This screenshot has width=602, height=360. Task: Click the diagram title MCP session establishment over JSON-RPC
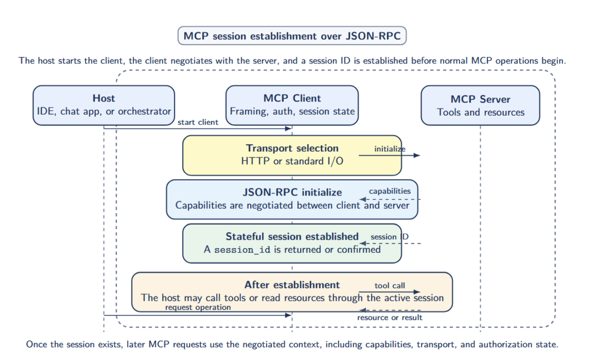[x=292, y=36]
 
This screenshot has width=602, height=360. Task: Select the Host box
[x=103, y=105]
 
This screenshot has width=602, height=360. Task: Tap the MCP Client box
[x=292, y=105]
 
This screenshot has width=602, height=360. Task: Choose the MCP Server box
[x=480, y=105]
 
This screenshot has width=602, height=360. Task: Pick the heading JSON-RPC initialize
[x=292, y=192]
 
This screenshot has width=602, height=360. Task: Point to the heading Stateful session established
[x=292, y=236]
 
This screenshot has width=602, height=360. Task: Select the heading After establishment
[x=292, y=285]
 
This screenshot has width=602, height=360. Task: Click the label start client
[x=198, y=122]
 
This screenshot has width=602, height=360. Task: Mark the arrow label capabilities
[x=390, y=191]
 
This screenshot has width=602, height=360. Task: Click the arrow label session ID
[x=390, y=237]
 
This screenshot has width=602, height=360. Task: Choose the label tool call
[x=390, y=286]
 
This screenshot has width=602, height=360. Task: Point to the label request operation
[x=198, y=307]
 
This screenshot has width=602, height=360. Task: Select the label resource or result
[x=390, y=318]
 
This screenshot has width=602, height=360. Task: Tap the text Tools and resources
[x=480, y=112]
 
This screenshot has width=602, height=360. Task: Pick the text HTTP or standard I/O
[x=292, y=161]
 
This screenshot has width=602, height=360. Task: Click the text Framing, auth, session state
[x=292, y=112]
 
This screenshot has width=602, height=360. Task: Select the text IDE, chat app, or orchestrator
[x=103, y=112]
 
